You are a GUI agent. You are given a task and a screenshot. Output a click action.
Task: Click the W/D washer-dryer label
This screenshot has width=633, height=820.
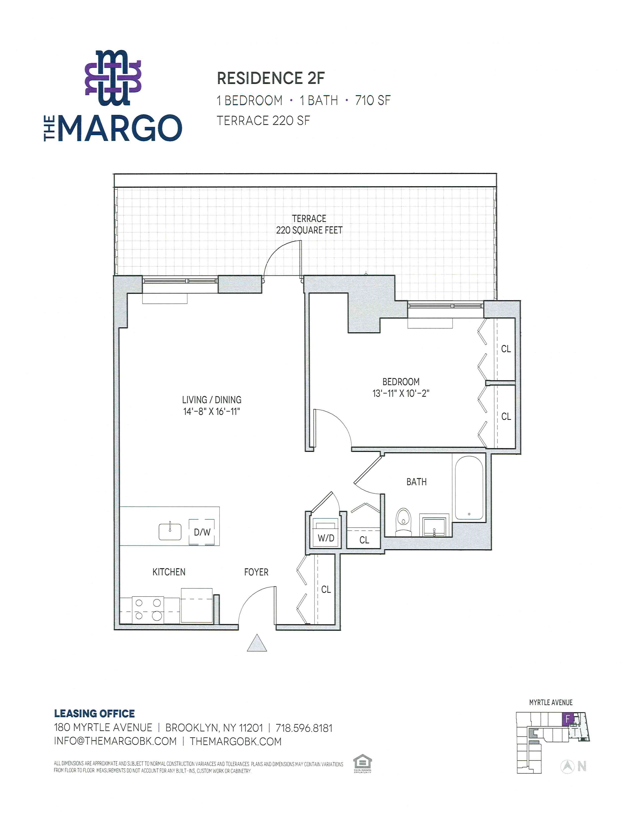tap(326, 538)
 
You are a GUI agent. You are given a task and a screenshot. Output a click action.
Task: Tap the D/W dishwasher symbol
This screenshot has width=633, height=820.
tap(202, 532)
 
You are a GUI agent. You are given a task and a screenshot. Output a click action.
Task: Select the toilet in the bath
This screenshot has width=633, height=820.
tap(403, 522)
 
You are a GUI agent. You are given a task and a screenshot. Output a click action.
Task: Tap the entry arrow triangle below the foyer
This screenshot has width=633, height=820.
tap(257, 642)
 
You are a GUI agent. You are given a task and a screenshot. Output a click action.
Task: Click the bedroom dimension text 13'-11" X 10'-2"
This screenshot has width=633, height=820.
tap(400, 394)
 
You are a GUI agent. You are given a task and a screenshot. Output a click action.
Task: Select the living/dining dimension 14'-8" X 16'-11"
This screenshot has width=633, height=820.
tap(211, 411)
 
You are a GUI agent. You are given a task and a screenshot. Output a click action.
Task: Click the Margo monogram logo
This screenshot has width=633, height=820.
tap(113, 78)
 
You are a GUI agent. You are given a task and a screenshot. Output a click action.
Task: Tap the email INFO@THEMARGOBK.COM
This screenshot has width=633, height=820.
tap(115, 741)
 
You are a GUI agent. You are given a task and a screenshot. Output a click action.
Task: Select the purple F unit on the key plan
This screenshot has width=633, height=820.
tap(568, 719)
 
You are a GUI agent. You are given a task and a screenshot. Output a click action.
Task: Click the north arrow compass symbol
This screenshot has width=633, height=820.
tap(567, 766)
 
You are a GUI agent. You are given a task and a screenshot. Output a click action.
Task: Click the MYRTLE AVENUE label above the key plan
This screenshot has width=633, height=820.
tap(551, 702)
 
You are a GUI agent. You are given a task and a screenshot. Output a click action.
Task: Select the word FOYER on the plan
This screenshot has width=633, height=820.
tap(256, 572)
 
